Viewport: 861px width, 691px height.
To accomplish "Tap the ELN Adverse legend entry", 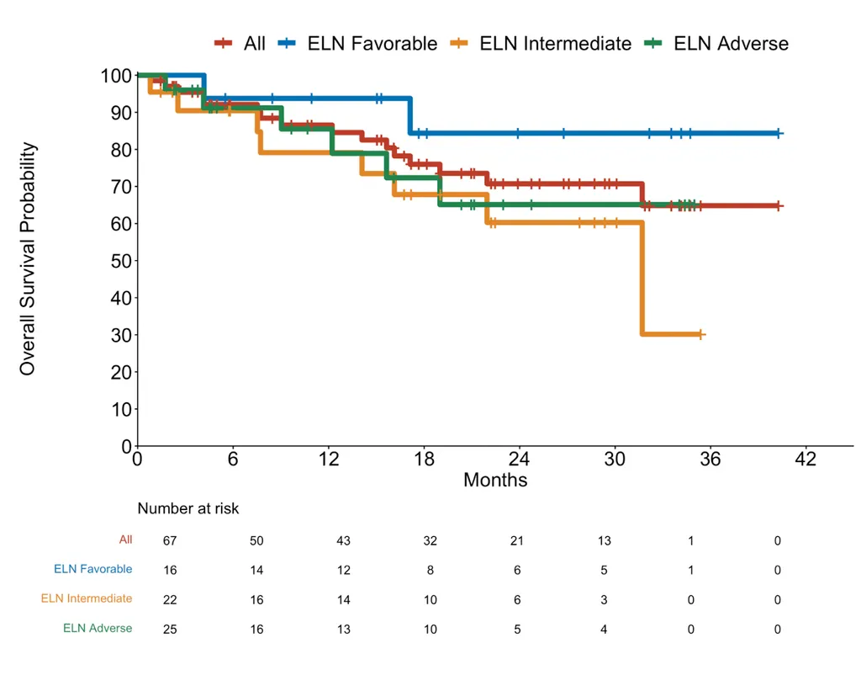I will pos(731,43).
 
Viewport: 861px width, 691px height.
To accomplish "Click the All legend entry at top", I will pos(254,43).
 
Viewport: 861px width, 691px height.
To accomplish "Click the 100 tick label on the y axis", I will pos(115,76).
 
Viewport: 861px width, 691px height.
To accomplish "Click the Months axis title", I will pos(495,480).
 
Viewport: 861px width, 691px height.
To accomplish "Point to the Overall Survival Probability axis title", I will pos(28,258).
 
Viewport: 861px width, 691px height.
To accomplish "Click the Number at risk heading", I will pos(188,508).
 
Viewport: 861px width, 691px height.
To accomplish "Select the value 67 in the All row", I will pos(170,540).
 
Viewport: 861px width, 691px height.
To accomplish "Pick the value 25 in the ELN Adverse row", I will pos(170,629).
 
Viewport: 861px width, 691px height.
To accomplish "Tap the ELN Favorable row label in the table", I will pos(92,569).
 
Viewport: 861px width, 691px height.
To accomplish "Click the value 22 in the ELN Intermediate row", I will pos(170,599).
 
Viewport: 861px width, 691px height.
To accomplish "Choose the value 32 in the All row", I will pos(430,540).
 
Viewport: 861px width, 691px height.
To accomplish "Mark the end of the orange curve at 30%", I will pos(700,334).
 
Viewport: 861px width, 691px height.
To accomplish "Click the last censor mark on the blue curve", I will pos(779,133).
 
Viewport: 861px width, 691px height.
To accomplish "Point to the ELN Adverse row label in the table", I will pos(98,628).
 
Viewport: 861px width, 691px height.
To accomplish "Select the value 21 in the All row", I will pos(517,540).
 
